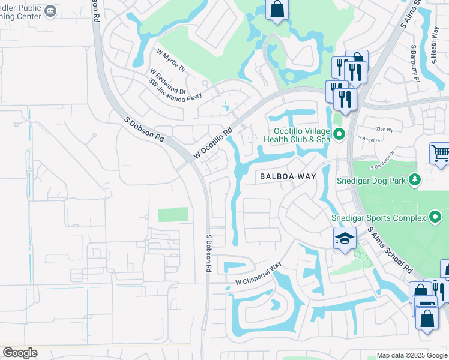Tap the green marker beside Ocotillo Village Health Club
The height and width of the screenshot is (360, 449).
339,134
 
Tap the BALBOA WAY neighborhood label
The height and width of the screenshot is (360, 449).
287,176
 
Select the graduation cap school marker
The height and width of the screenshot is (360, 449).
345,238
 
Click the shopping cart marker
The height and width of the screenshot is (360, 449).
440,154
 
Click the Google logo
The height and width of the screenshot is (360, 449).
20,353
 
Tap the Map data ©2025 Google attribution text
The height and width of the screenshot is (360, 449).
412,355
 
